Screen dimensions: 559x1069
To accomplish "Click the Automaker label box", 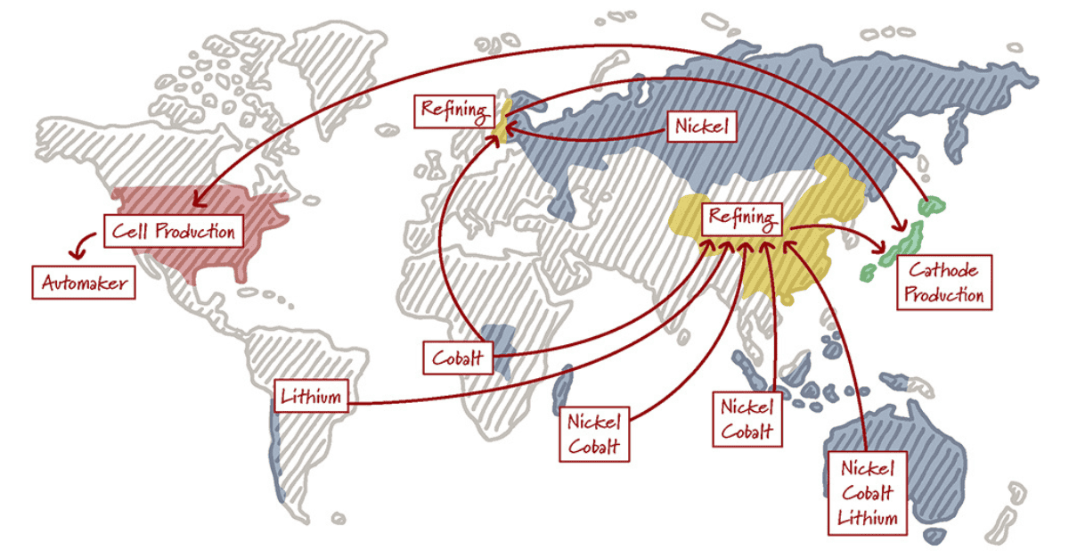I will [84, 284].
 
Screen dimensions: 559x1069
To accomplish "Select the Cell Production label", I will [173, 232].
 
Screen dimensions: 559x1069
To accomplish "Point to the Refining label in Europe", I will [454, 111].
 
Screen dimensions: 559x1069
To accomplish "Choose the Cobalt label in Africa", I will [457, 358].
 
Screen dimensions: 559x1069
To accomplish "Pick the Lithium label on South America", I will [310, 396].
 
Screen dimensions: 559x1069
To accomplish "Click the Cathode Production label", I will [943, 283].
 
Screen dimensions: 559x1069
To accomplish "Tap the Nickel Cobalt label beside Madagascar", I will [594, 434].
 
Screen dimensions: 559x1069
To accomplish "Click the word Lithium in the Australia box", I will [867, 517].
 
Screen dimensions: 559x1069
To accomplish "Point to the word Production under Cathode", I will [943, 295].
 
